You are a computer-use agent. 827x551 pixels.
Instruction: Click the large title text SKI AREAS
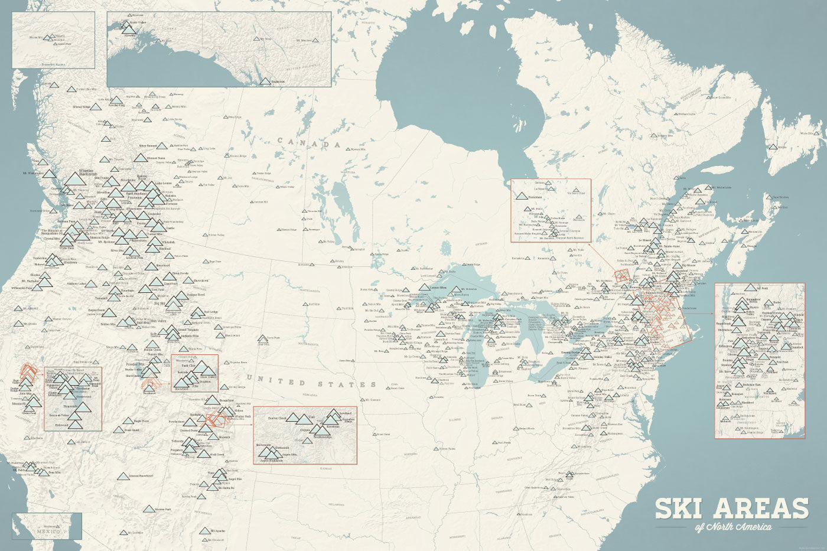pos(731,508)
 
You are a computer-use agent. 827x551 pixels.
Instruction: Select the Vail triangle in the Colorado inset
pos(307,419)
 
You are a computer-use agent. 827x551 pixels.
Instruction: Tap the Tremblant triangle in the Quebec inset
pos(522,195)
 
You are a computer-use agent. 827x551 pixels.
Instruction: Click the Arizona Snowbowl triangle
pos(122,475)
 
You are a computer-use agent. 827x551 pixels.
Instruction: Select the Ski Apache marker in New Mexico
pos(205,530)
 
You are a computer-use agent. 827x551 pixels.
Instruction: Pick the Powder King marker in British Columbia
pos(116,101)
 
